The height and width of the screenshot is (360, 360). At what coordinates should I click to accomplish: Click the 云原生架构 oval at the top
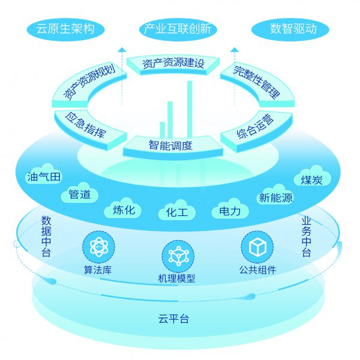65,29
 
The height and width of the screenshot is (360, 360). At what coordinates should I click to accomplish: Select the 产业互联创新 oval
178,29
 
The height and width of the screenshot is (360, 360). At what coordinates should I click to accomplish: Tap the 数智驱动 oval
292,29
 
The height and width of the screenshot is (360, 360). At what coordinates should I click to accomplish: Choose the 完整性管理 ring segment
256,82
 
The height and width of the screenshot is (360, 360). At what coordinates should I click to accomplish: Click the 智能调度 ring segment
171,145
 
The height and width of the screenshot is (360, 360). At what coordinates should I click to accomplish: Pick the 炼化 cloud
124,209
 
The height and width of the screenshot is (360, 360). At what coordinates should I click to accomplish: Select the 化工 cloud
177,212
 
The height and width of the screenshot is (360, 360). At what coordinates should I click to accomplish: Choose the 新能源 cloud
275,197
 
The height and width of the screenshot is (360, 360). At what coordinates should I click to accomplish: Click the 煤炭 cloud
312,179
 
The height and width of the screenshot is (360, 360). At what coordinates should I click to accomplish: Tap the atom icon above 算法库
98,246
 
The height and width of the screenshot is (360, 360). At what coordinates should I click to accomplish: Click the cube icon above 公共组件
257,246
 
